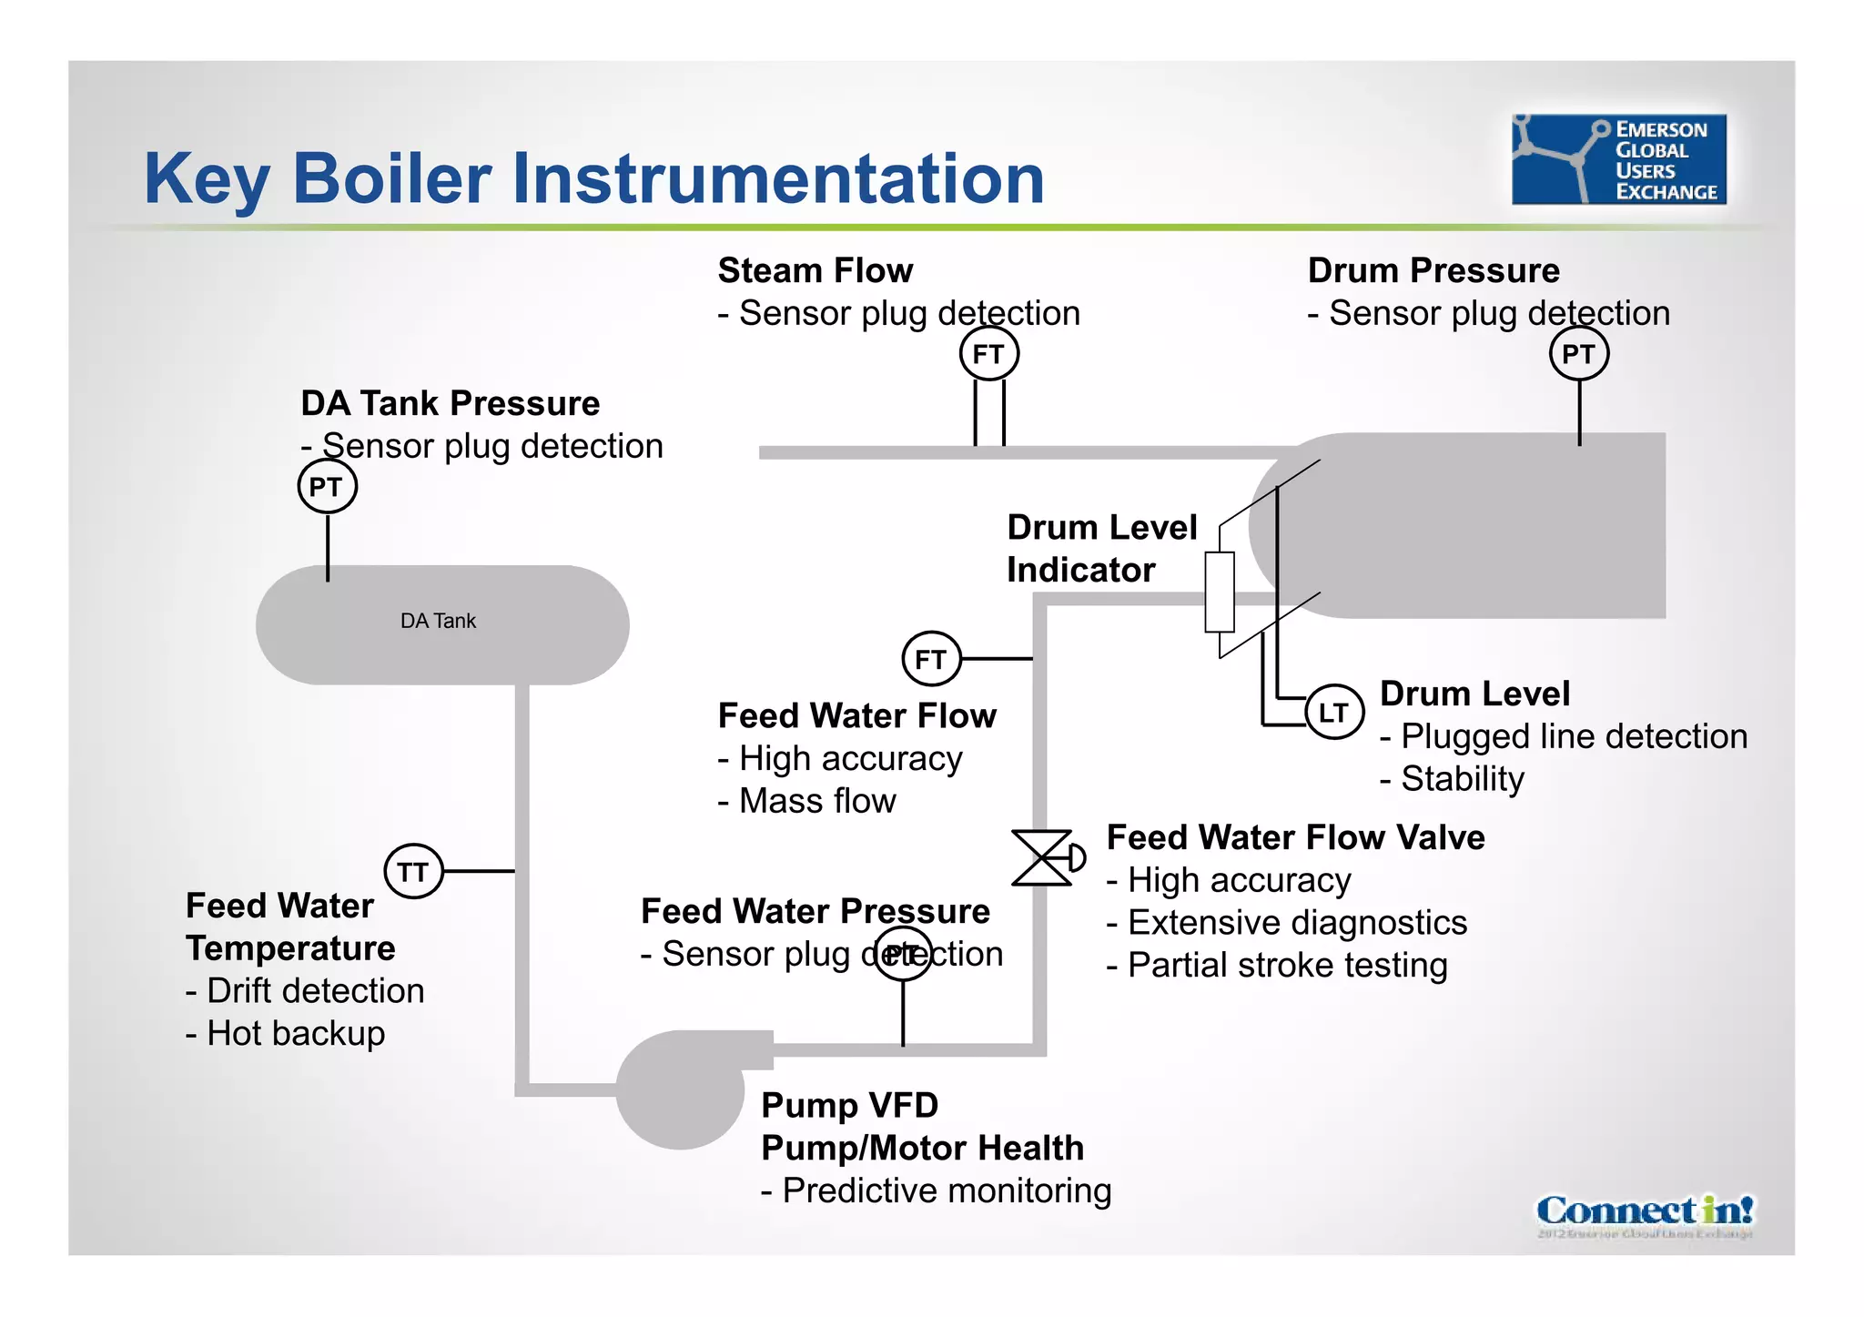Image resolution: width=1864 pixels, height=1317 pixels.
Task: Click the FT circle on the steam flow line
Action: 988,354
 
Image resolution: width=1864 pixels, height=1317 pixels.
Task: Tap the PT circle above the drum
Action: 1578,354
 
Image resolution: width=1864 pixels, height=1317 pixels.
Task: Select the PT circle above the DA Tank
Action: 327,487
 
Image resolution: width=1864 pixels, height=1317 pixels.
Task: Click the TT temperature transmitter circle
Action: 413,872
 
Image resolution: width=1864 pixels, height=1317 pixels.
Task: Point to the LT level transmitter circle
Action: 1333,712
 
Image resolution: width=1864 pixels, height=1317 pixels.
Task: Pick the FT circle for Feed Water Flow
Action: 930,659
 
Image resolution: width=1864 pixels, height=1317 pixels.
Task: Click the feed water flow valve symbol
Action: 1044,857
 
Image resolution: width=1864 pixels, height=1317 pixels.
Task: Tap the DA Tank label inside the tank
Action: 438,621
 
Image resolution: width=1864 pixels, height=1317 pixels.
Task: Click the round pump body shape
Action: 680,1089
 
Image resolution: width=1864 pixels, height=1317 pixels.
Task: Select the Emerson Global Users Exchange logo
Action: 1618,159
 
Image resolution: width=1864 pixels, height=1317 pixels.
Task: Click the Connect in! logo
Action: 1644,1211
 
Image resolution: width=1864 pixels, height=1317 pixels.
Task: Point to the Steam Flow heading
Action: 815,271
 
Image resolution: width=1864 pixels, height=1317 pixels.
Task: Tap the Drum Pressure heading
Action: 1433,271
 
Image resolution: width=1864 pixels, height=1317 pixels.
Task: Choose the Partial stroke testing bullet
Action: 1277,966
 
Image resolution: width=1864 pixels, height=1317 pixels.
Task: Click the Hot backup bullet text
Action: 286,1034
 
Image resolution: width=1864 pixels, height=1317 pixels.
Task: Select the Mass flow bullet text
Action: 807,801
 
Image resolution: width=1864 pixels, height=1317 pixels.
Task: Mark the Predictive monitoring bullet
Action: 937,1190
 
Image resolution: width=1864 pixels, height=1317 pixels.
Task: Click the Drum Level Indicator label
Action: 1100,549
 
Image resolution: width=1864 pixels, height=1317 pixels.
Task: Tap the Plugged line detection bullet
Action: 1564,736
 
